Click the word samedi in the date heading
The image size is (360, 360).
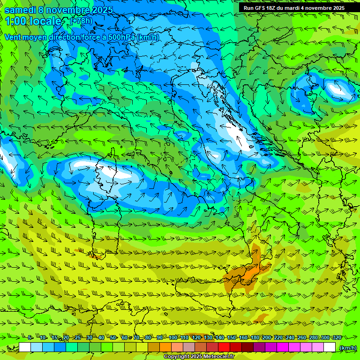[x=21, y=10]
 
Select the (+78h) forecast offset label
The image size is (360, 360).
[x=81, y=21]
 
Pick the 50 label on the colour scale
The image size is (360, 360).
[x=112, y=337]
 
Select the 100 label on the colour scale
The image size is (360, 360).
[x=173, y=337]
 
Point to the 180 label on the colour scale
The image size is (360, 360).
[x=255, y=337]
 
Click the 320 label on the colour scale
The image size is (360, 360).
[x=337, y=337]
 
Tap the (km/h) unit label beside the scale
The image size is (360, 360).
[x=349, y=347]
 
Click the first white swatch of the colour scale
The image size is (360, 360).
[x=25, y=347]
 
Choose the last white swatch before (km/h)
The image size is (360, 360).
[x=330, y=347]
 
